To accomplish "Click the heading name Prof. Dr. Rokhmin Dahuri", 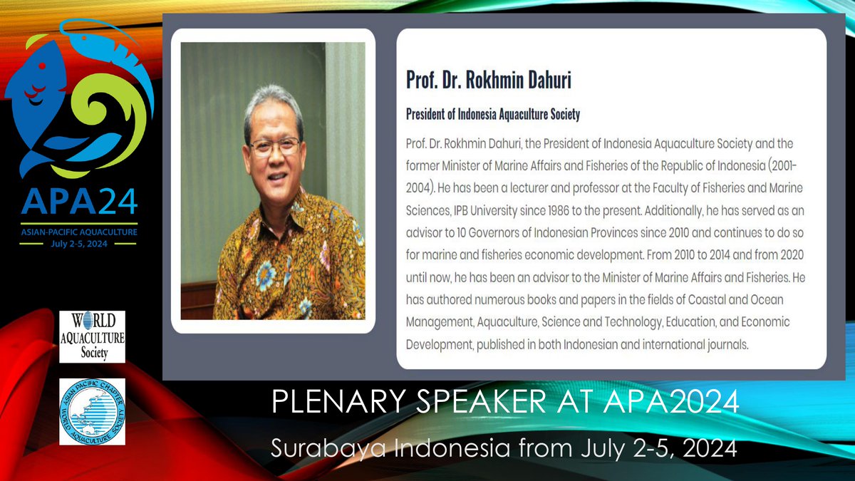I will pos(488,80).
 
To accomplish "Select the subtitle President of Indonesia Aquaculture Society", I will pos(492,114).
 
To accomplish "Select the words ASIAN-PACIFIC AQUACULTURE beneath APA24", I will pos(78,232).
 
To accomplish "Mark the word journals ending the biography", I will pos(725,344).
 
